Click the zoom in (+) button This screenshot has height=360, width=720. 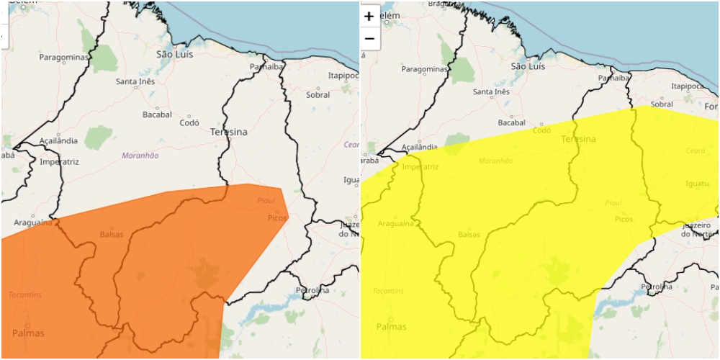(369, 16)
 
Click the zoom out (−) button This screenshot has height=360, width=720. (369, 38)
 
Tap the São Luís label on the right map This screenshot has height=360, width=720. (528, 66)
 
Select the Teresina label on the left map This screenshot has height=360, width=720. (228, 132)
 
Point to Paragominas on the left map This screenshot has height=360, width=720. (63, 57)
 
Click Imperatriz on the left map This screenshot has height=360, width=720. (59, 162)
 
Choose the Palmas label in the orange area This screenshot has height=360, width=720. (28, 333)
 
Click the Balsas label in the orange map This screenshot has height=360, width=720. (112, 234)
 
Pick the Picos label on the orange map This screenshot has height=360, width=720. (277, 217)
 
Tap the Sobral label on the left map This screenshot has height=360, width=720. (318, 94)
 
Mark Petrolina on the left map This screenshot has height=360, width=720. (312, 290)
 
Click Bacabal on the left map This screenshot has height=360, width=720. (157, 114)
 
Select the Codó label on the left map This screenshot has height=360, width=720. (193, 122)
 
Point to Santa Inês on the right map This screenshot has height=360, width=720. (491, 92)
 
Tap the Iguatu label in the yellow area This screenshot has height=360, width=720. (697, 184)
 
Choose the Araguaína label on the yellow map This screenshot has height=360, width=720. (395, 224)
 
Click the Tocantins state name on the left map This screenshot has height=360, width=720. (25, 294)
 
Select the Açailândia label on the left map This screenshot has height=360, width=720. (58, 140)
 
